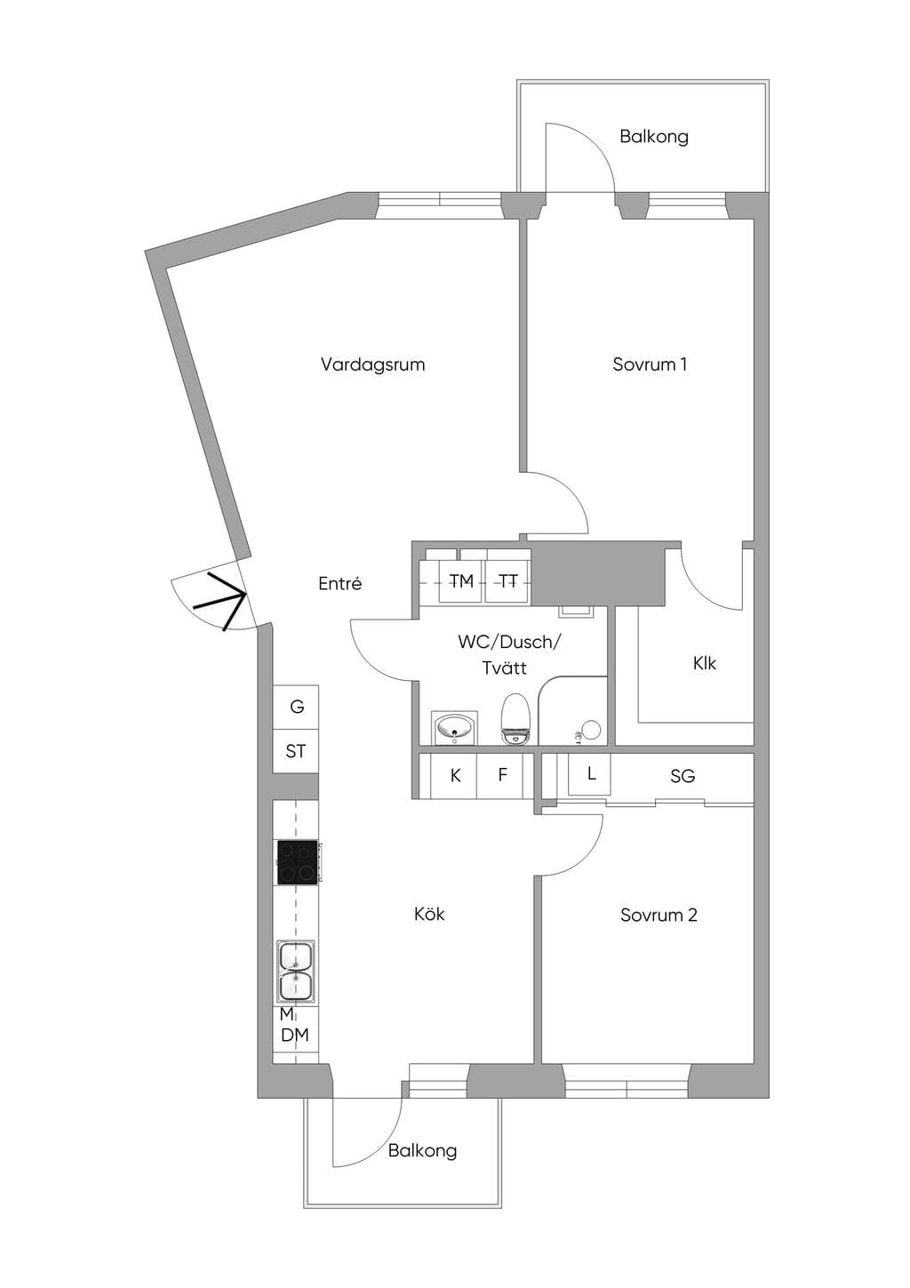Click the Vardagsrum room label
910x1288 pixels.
tap(372, 364)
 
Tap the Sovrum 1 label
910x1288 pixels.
tap(650, 364)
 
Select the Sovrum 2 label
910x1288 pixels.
tap(659, 915)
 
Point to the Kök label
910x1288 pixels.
tap(429, 914)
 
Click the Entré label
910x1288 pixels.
tap(340, 584)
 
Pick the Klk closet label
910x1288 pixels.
tap(704, 663)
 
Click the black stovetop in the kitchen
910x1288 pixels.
tap(298, 861)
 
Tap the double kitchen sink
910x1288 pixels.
tap(296, 972)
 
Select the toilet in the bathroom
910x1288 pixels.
tap(515, 719)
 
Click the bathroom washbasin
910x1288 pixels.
tap(454, 728)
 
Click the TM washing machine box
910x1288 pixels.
tap(461, 581)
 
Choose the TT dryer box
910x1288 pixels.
tap(508, 581)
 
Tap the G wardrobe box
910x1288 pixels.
tap(296, 707)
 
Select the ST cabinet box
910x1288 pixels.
tap(296, 751)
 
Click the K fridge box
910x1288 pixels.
tap(454, 776)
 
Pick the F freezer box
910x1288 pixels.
tap(500, 776)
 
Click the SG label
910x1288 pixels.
tap(682, 776)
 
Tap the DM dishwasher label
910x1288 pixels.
tap(295, 1035)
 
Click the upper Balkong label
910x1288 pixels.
tap(653, 137)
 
